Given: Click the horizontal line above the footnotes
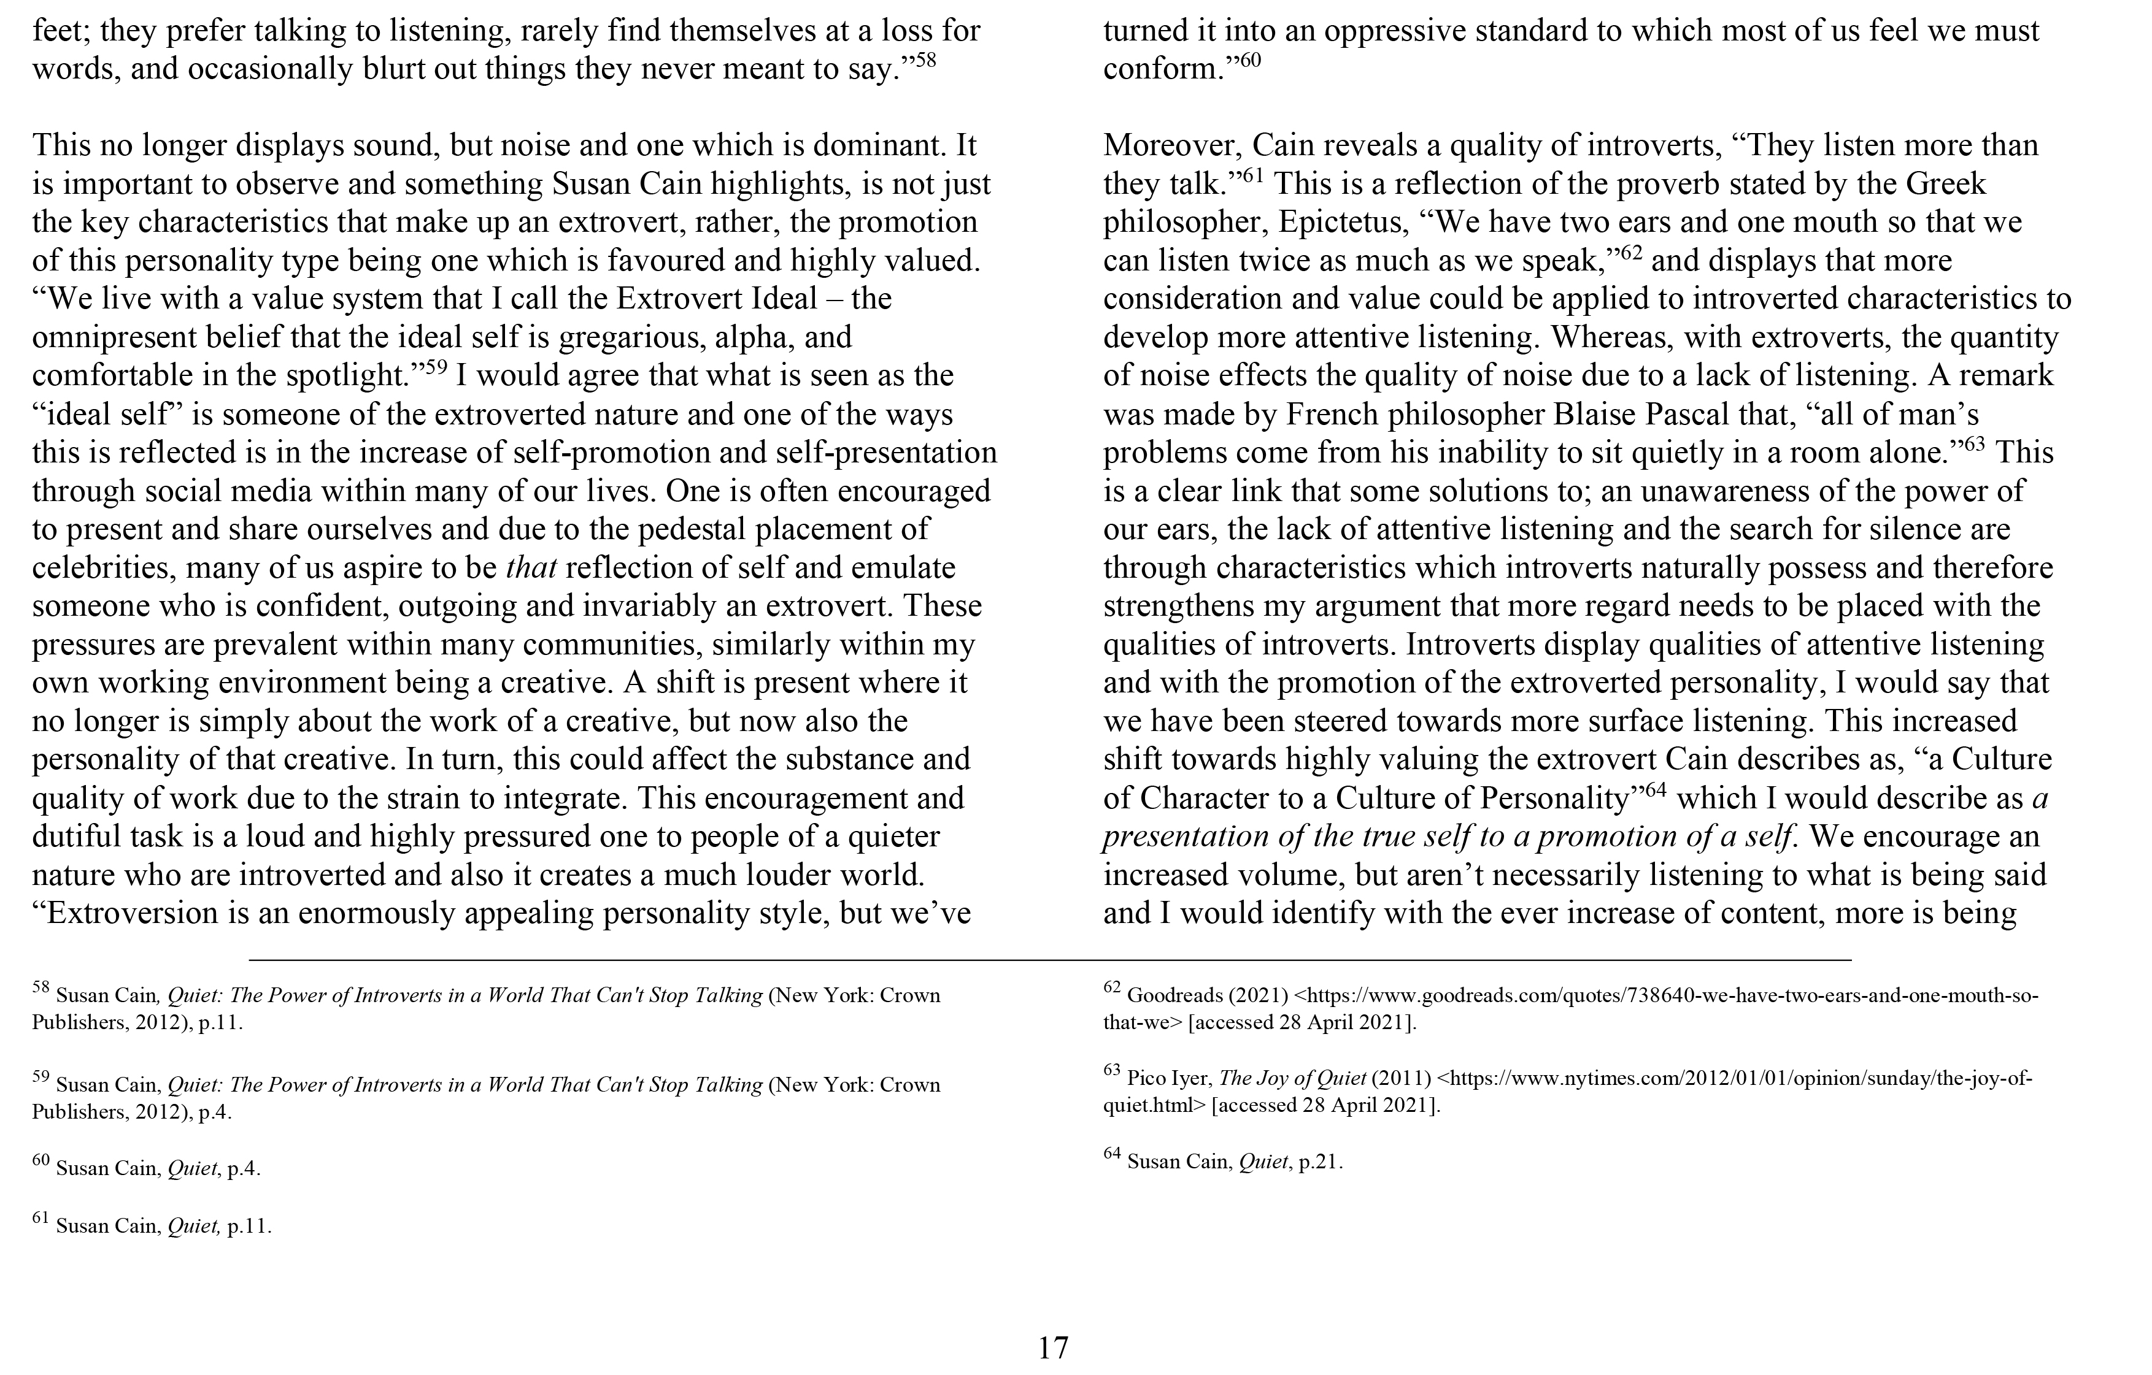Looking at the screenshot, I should tap(1049, 960).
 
